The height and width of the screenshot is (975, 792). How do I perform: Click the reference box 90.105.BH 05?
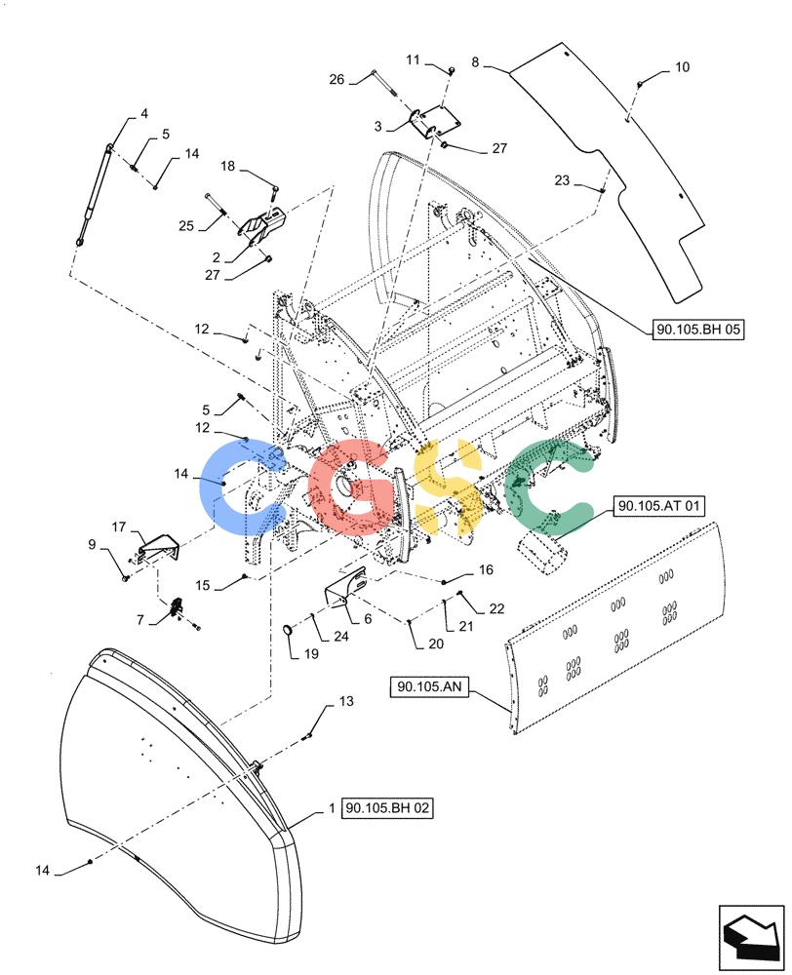698,329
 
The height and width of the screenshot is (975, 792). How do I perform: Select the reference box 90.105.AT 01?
658,506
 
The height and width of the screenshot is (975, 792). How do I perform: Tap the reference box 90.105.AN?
430,687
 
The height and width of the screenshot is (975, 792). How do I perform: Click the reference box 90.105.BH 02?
387,809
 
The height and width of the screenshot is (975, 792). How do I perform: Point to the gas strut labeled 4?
94,195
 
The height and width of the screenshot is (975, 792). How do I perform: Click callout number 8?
475,62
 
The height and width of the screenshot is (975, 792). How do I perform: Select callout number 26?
337,80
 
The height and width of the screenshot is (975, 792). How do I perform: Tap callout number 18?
228,166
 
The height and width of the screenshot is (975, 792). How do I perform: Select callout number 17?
119,526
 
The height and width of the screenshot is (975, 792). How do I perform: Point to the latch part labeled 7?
176,608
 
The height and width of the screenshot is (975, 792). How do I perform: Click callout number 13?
346,701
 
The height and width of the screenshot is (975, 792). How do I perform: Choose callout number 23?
562,180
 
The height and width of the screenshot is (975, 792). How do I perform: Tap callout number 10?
683,67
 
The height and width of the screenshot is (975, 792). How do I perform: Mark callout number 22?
496,608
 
